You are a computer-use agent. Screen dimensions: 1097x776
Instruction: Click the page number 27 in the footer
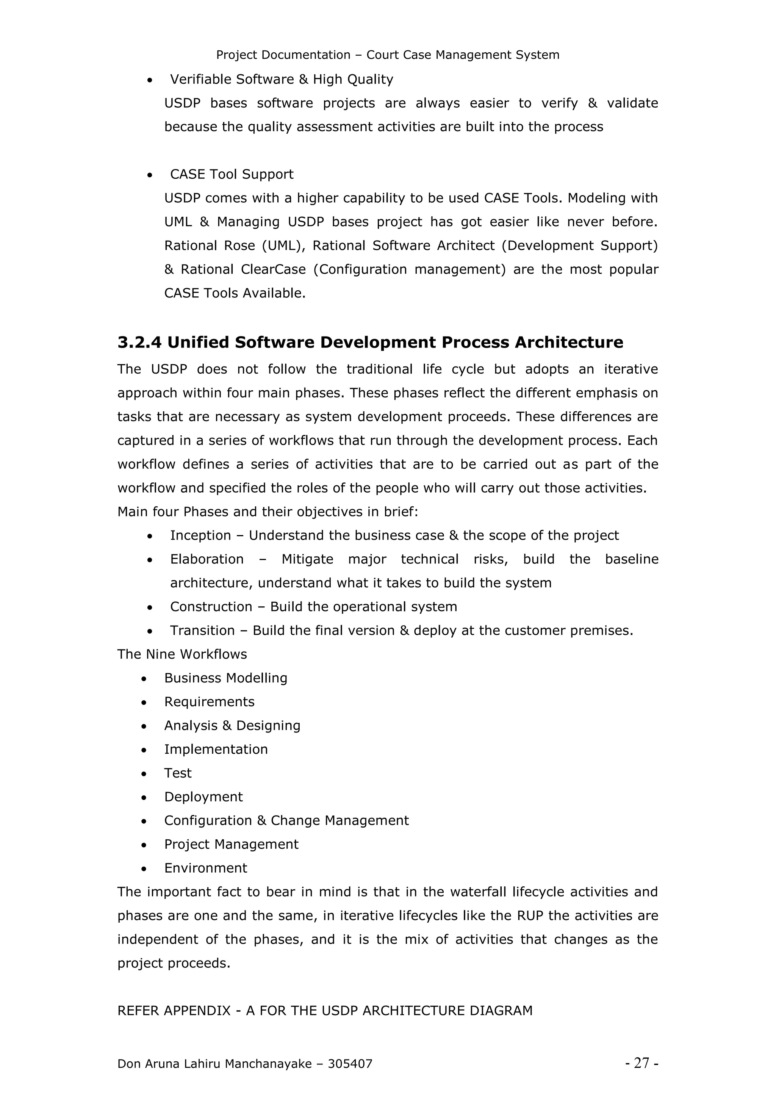click(642, 1063)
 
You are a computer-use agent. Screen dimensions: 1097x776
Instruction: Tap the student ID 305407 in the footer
click(350, 1064)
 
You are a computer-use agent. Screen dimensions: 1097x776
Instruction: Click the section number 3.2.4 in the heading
click(139, 343)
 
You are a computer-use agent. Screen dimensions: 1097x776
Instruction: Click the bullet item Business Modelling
click(225, 678)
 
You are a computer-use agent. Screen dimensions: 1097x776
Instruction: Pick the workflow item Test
click(178, 773)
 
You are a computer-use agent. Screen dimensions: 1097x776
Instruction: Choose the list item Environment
click(205, 868)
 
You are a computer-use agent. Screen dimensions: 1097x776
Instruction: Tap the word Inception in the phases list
click(200, 535)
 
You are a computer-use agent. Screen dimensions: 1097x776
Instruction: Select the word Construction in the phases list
click(211, 607)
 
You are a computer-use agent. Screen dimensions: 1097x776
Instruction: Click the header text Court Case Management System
click(463, 55)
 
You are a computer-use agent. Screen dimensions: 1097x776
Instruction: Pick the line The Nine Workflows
click(182, 654)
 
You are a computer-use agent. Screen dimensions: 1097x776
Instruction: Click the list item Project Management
click(231, 844)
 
